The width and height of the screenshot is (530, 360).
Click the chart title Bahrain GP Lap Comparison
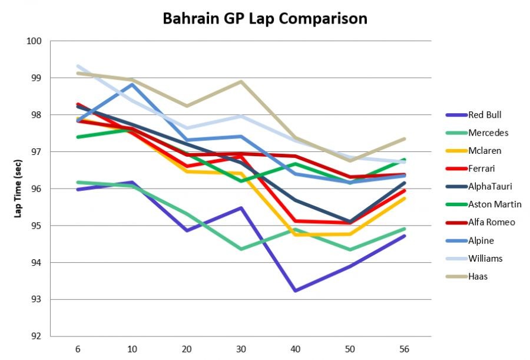click(264, 19)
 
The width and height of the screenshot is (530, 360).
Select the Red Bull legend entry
click(485, 115)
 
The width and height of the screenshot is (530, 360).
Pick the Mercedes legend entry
click(487, 133)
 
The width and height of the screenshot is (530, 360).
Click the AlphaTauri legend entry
click(489, 187)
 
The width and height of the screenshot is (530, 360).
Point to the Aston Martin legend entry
click(494, 204)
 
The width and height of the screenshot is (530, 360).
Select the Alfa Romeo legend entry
click(492, 222)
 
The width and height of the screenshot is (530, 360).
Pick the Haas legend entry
click(478, 276)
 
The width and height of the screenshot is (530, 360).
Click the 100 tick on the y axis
click(34, 41)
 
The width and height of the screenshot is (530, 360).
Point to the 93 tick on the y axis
click(37, 299)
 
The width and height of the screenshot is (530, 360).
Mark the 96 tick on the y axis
click(37, 189)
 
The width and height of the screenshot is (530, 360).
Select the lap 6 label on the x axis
click(77, 349)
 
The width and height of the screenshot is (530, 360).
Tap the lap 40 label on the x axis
click(295, 349)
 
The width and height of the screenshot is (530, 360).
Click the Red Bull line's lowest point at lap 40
click(295, 290)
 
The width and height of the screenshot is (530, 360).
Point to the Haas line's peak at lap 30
click(241, 81)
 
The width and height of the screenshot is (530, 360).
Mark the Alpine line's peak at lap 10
click(132, 84)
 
